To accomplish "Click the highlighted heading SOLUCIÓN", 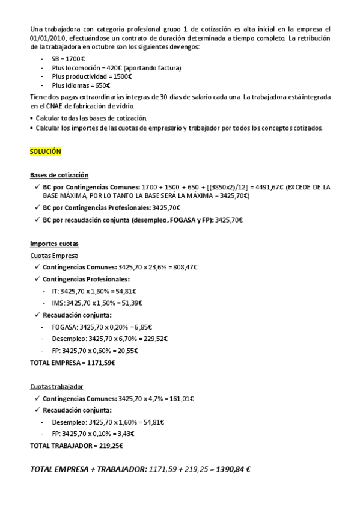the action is (x=46, y=152).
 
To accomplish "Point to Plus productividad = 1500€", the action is (x=92, y=76).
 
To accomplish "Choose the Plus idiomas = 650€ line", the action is (x=81, y=85).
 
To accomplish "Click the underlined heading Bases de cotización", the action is (x=59, y=175).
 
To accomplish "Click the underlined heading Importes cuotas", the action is (x=54, y=244).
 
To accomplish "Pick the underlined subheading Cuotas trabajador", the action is (x=56, y=386).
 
